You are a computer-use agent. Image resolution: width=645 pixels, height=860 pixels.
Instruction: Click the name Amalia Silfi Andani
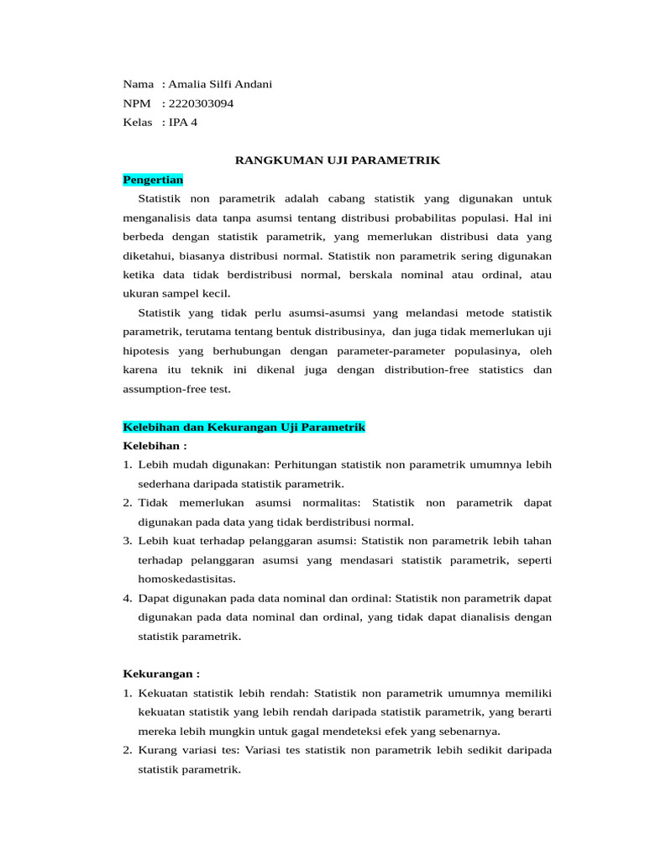pyautogui.click(x=221, y=84)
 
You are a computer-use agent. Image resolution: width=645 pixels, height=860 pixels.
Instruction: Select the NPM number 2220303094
pyautogui.click(x=201, y=103)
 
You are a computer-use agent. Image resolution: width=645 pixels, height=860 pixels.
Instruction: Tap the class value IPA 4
pyautogui.click(x=183, y=123)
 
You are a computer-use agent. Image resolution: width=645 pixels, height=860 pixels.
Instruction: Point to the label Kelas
pyautogui.click(x=138, y=123)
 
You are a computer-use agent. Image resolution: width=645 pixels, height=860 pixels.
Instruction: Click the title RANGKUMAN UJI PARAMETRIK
pyautogui.click(x=337, y=160)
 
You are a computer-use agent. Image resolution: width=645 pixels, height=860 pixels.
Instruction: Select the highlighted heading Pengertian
pyautogui.click(x=153, y=180)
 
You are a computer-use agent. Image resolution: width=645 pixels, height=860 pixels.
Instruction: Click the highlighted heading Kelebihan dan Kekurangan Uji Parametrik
pyautogui.click(x=244, y=427)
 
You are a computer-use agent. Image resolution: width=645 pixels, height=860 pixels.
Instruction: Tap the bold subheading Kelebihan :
pyautogui.click(x=155, y=445)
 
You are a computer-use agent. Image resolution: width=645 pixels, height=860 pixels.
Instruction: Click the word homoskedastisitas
pyautogui.click(x=186, y=579)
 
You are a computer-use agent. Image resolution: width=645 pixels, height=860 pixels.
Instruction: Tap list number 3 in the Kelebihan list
pyautogui.click(x=128, y=540)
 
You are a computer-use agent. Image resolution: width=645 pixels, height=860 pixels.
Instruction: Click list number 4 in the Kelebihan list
pyautogui.click(x=128, y=598)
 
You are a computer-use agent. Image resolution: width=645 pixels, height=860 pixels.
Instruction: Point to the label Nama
pyautogui.click(x=139, y=84)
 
